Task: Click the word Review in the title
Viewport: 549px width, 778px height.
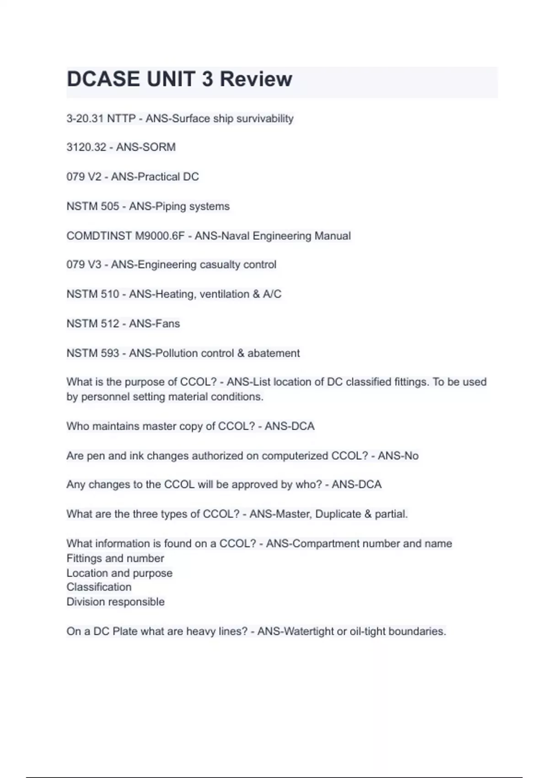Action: pos(256,79)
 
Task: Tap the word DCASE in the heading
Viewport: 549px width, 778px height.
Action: pos(103,79)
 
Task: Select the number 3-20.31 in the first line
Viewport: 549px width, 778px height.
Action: pos(85,119)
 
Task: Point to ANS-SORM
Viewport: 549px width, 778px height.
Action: pos(146,147)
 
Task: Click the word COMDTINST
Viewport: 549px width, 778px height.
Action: pos(99,236)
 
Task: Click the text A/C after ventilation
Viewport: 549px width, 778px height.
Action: pos(272,294)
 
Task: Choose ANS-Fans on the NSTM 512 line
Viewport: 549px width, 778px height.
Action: pos(155,324)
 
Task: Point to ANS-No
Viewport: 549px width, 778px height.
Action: pos(398,456)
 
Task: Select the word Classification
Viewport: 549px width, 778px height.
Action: pos(99,587)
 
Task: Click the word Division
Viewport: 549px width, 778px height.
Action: pos(82,602)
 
